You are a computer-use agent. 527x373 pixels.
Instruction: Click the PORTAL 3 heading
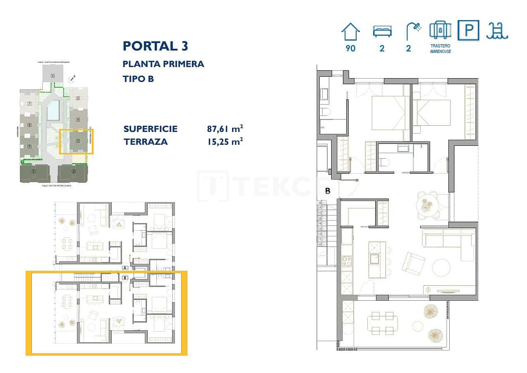[156, 46]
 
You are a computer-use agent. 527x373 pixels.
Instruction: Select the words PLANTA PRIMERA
[163, 64]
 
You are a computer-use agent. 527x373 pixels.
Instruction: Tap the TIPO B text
[138, 79]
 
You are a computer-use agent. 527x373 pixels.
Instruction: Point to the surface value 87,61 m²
[225, 129]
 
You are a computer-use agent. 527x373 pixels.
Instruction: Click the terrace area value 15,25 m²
[225, 141]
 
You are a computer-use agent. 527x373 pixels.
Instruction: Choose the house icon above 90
[350, 31]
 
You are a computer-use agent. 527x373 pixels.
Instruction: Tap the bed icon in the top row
[382, 31]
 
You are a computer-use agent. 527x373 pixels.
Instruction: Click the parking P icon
[468, 31]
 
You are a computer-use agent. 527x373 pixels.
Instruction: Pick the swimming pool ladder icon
[497, 31]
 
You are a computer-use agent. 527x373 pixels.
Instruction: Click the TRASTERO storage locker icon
[440, 30]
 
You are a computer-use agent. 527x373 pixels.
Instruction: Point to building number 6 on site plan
[53, 76]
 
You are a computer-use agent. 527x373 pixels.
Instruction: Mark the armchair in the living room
[413, 263]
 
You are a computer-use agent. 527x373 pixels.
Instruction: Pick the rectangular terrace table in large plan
[383, 323]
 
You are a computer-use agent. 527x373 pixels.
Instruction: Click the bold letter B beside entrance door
[328, 191]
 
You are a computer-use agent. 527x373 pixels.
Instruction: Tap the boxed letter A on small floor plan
[125, 268]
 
